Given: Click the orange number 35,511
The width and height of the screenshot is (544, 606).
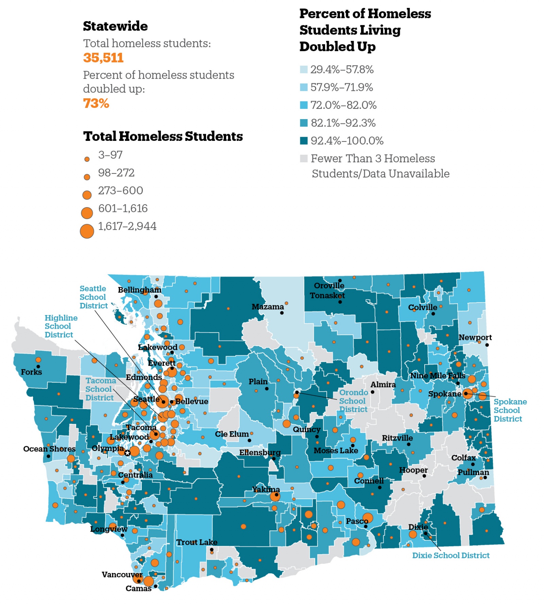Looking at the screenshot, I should click(103, 58).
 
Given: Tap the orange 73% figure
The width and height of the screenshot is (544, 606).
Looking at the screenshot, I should click(96, 103).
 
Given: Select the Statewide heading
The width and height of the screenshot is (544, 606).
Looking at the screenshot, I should click(115, 26).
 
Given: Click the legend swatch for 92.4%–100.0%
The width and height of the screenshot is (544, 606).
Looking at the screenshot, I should click(304, 141).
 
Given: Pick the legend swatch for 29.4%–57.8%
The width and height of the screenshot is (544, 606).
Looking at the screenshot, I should click(304, 69).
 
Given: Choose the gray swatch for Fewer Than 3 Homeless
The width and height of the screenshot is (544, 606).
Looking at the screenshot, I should click(304, 158).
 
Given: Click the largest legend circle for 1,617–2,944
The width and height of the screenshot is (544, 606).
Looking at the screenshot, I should click(87, 231).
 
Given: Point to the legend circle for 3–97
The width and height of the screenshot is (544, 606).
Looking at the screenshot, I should click(87, 159).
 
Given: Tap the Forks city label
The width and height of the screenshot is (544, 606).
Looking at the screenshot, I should click(31, 372).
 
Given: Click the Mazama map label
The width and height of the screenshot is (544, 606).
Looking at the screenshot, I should click(268, 307).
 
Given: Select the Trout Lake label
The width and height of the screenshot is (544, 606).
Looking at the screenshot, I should click(197, 542).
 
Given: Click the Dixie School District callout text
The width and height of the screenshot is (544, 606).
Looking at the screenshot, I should click(451, 555).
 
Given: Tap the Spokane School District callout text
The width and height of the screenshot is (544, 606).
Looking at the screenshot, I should click(510, 410).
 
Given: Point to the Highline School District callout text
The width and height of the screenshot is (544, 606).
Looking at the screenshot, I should click(61, 326).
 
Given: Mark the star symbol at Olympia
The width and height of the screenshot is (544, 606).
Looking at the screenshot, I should click(127, 453).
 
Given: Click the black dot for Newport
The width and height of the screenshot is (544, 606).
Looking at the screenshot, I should click(487, 345).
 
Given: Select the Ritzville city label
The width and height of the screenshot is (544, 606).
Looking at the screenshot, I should click(397, 438).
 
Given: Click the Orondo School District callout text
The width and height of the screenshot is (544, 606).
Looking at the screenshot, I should click(353, 401).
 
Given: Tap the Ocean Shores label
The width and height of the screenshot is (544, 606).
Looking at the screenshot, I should click(49, 449).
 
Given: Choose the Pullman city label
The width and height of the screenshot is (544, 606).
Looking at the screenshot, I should click(473, 472).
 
